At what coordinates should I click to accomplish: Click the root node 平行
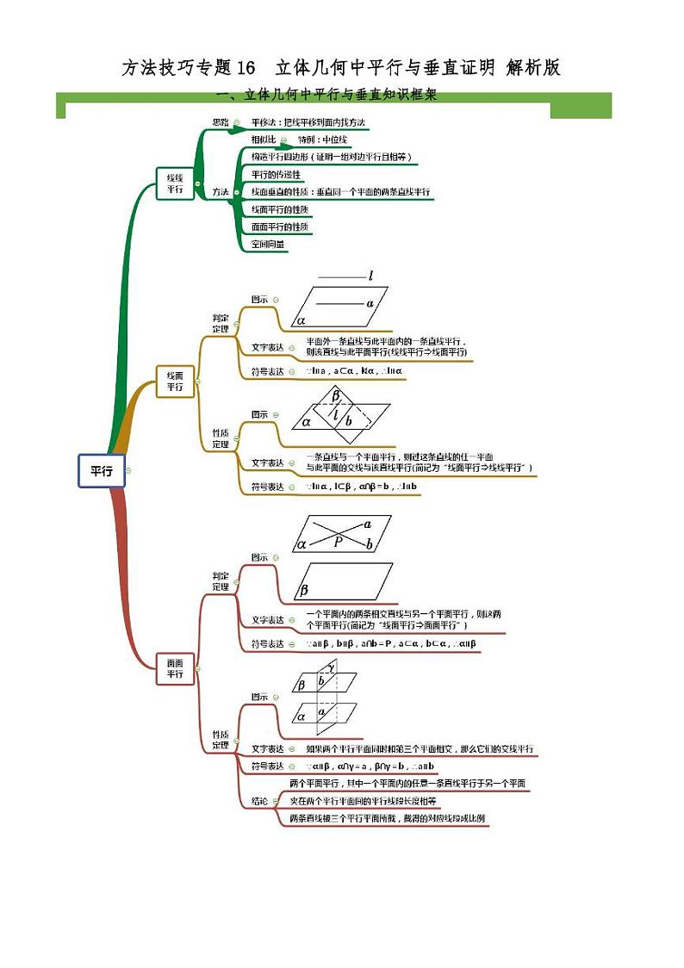point(102,470)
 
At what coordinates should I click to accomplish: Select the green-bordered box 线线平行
point(175,183)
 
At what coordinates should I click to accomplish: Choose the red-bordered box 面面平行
point(175,668)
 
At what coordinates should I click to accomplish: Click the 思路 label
point(221,123)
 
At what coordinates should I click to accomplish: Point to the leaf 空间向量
point(268,244)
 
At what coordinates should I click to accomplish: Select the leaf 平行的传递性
point(277,174)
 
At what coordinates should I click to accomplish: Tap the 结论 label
point(259,801)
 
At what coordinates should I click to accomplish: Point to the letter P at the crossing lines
point(339,541)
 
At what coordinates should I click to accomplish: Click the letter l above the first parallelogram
point(370,276)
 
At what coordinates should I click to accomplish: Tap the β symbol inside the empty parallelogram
point(304,591)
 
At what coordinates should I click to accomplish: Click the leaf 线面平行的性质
point(280,209)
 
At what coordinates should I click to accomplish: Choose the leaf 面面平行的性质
point(280,226)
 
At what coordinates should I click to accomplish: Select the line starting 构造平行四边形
point(331,157)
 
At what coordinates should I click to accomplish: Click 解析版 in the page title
point(533,68)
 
